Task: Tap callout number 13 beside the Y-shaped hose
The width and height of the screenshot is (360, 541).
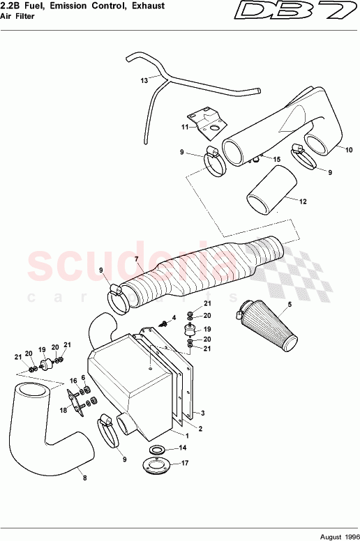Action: (144, 81)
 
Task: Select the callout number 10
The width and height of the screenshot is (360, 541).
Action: (349, 148)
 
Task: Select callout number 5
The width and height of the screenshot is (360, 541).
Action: (290, 305)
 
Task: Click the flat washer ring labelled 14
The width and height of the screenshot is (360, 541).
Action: (160, 448)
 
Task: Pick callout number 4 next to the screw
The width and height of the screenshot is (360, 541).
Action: (174, 317)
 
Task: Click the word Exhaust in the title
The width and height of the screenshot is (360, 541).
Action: (147, 6)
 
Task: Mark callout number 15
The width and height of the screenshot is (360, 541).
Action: (276, 160)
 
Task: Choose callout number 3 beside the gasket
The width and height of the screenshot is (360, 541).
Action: (202, 413)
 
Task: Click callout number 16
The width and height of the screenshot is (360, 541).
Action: (72, 381)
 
